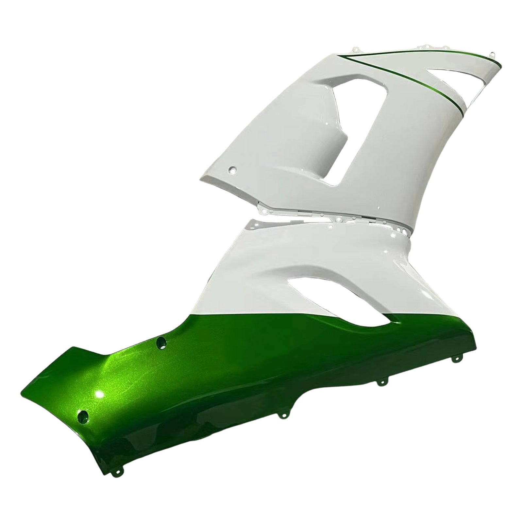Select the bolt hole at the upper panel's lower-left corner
(x=233, y=170)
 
